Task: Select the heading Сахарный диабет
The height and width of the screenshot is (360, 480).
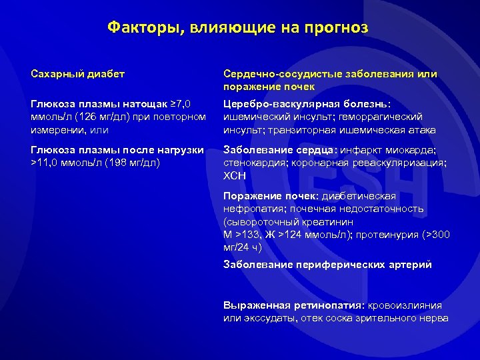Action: click(x=77, y=74)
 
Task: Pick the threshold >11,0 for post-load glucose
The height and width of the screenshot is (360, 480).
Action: click(x=46, y=162)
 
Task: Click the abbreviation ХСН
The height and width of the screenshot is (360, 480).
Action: click(x=235, y=175)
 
